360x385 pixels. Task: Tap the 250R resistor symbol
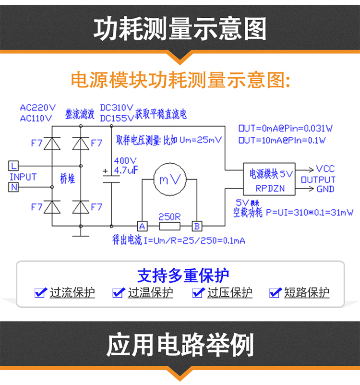[x=169, y=226]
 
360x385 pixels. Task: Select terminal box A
[x=142, y=226]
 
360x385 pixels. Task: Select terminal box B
[x=197, y=226]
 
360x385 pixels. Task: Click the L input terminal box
[x=14, y=166]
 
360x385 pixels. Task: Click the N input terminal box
[x=14, y=187]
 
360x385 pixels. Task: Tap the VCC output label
[x=325, y=169]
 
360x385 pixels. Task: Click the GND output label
[x=325, y=189]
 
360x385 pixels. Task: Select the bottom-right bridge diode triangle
[x=80, y=207]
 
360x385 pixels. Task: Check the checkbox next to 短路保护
[x=275, y=292]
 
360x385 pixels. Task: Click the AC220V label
[x=38, y=108]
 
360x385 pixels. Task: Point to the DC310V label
[x=117, y=108]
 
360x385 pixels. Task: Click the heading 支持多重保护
[x=183, y=276]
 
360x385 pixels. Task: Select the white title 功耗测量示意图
[x=180, y=30]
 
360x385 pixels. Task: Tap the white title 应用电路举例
[x=180, y=345]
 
